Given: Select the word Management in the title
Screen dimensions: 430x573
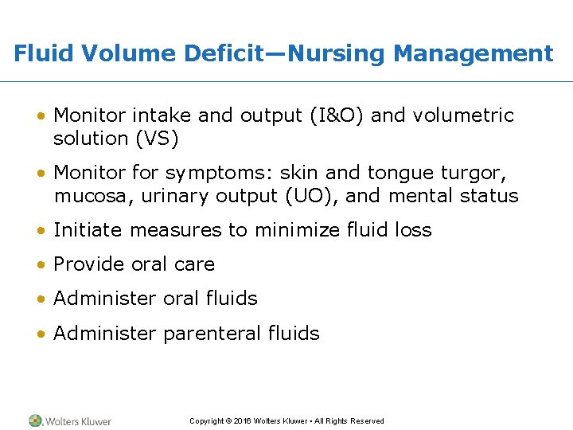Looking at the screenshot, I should click(473, 54).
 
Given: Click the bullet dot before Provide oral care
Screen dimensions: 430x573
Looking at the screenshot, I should click(40, 265).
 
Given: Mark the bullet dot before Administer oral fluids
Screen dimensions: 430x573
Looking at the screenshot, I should click(40, 299).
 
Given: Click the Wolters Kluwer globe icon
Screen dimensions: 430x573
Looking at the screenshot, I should click(35, 420).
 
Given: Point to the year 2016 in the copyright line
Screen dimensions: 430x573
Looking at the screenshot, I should click(243, 421).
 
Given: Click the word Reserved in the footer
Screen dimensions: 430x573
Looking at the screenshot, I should click(366, 421).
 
